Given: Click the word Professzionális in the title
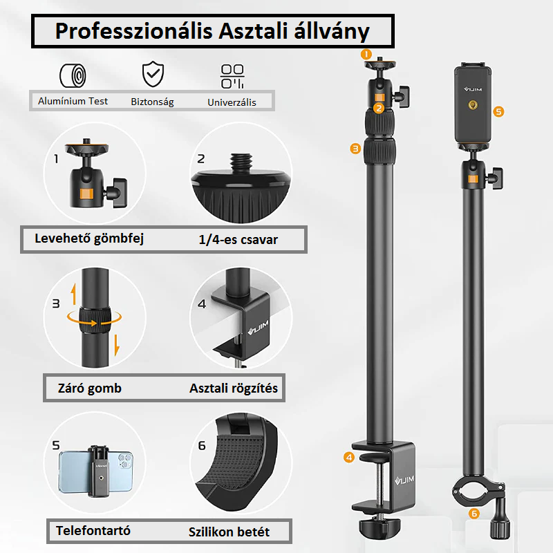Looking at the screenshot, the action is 133,31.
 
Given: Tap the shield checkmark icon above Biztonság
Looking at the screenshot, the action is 153,74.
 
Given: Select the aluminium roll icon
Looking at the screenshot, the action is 73,75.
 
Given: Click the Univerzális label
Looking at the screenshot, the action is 232,102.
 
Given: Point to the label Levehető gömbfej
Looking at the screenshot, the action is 89,238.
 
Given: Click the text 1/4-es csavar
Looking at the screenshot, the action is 238,240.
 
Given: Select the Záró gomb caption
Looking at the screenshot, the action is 90,388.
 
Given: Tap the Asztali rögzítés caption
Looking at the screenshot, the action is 234,388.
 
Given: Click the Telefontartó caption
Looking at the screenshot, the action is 93,530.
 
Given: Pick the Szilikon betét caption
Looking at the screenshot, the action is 229,532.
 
